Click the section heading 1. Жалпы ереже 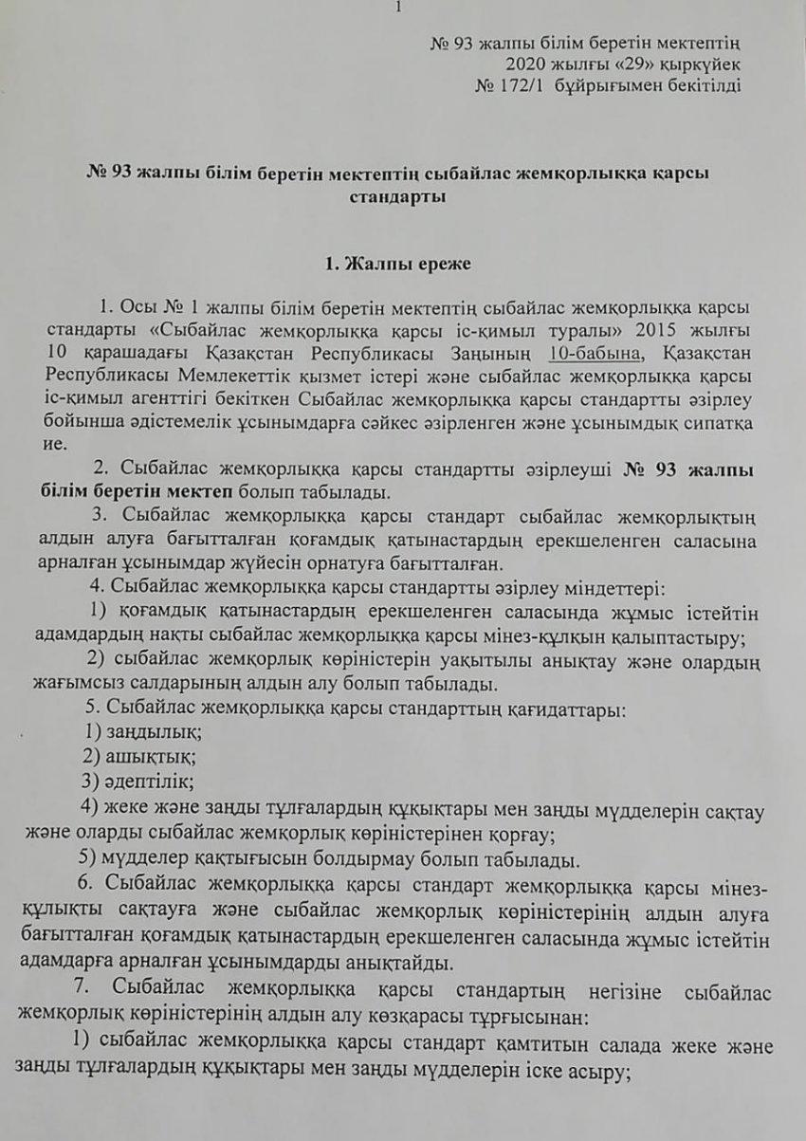click(x=402, y=266)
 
